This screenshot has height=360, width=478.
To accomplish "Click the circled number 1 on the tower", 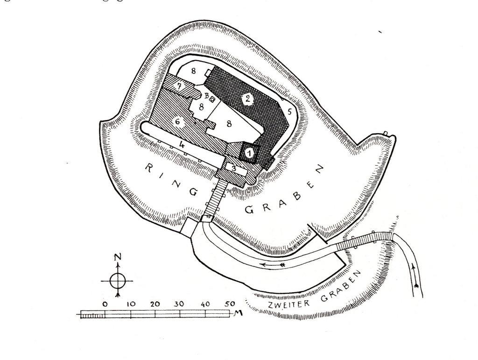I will pos(250,152).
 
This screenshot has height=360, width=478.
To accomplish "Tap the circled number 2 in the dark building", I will pos(248,98).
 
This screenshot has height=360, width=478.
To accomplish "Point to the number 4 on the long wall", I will pos(183,145).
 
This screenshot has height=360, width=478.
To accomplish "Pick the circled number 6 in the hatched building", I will pos(177,121).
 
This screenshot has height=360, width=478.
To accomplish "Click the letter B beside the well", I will pos(206,95).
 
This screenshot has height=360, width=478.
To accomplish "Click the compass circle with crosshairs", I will pos(117,281).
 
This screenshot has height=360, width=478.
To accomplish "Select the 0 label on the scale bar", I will pos(105,304).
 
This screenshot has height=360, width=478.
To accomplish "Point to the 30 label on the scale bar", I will pos(180,304).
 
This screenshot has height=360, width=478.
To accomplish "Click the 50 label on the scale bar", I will pos(230,304).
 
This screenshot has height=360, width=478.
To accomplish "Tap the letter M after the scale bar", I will pos(239,312).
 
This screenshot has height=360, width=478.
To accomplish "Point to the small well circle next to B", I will pos(212,99).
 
